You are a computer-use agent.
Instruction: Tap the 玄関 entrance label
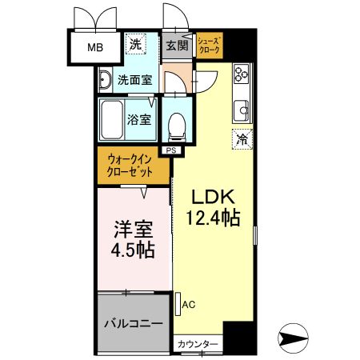(176, 46)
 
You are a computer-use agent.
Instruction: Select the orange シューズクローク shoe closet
(210, 45)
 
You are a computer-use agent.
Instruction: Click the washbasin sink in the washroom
(106, 79)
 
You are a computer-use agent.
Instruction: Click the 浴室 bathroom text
(139, 119)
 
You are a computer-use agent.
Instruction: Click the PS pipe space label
(170, 150)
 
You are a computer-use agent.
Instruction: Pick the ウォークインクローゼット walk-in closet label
(134, 166)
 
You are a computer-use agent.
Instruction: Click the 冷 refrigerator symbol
(242, 138)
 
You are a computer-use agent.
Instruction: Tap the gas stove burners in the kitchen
(242, 75)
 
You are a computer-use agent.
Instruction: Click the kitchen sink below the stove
(242, 109)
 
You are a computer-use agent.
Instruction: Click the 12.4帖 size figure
(212, 218)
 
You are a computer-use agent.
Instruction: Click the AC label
(189, 303)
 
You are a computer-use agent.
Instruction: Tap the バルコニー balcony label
(134, 325)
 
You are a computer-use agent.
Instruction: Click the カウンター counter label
(198, 344)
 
